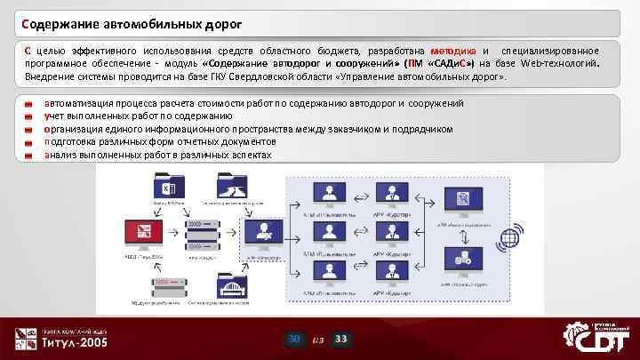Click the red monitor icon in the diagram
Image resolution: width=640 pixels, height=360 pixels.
tap(143, 235)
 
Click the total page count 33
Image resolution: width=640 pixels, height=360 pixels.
tap(342, 339)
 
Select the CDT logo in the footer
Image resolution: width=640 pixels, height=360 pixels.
tap(596, 337)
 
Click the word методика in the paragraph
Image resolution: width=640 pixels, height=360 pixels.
tap(453, 51)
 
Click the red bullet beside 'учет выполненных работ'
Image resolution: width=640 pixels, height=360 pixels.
tap(29, 117)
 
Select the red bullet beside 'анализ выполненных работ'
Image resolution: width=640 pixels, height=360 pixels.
tap(29, 156)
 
